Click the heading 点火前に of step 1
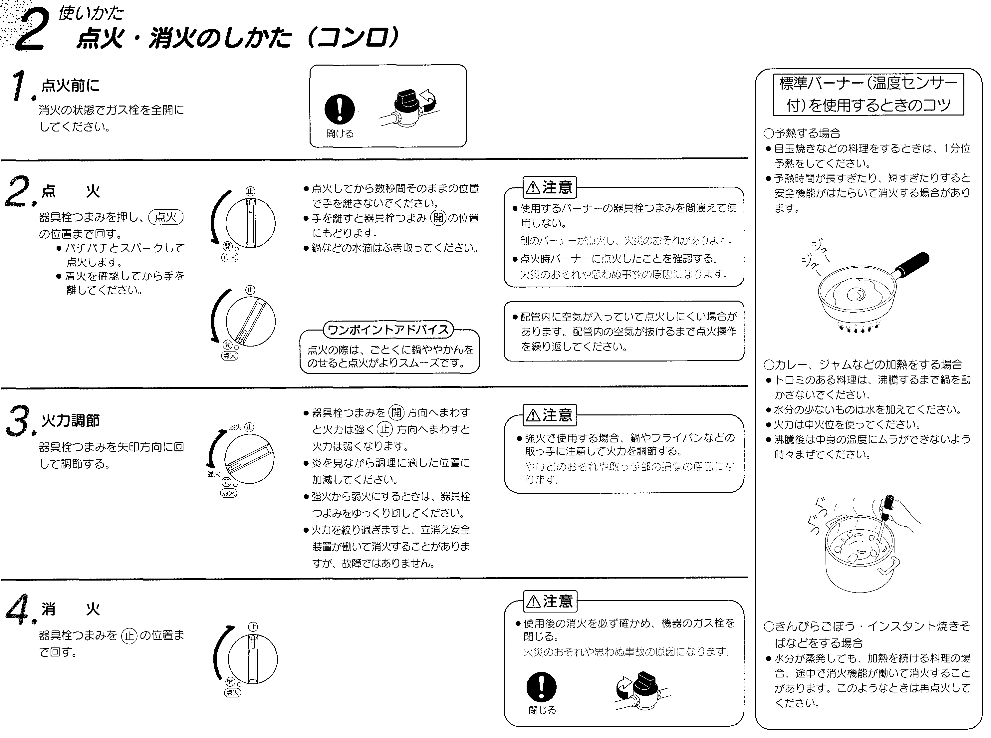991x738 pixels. (x=70, y=85)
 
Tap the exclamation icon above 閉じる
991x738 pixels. (x=541, y=687)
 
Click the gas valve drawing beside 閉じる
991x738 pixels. (x=641, y=690)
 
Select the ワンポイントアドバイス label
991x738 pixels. (x=388, y=330)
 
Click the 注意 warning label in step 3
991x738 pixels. (x=550, y=415)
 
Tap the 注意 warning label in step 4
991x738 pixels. (x=550, y=601)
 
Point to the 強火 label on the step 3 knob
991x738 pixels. (x=214, y=474)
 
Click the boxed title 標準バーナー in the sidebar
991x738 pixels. (x=868, y=94)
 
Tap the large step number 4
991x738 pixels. (x=19, y=610)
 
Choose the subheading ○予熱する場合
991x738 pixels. (x=802, y=133)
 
